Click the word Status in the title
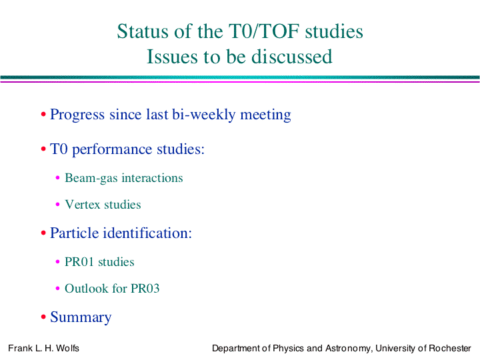click(x=143, y=31)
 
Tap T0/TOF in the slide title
click(x=264, y=31)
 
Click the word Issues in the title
click(x=173, y=57)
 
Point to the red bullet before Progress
click(x=43, y=115)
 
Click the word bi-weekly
click(x=203, y=115)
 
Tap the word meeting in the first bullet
click(x=265, y=115)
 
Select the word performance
click(x=112, y=150)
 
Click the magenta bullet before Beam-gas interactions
click(x=57, y=177)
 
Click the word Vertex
click(x=83, y=205)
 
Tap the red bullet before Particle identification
click(x=43, y=233)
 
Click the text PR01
click(x=79, y=262)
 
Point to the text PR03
click(x=145, y=289)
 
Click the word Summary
click(x=81, y=317)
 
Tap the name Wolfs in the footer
click(x=67, y=349)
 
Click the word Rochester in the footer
click(x=450, y=349)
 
